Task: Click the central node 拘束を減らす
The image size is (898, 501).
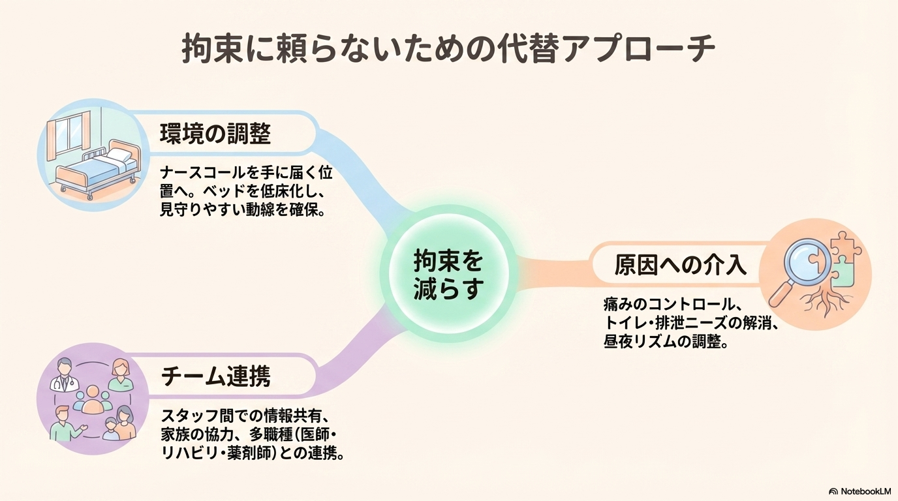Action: (x=448, y=275)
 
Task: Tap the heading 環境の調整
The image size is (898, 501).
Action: (x=215, y=134)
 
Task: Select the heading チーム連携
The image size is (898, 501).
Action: (x=215, y=376)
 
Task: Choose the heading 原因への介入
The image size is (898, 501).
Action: (x=681, y=266)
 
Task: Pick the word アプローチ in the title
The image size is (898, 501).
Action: (x=639, y=50)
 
